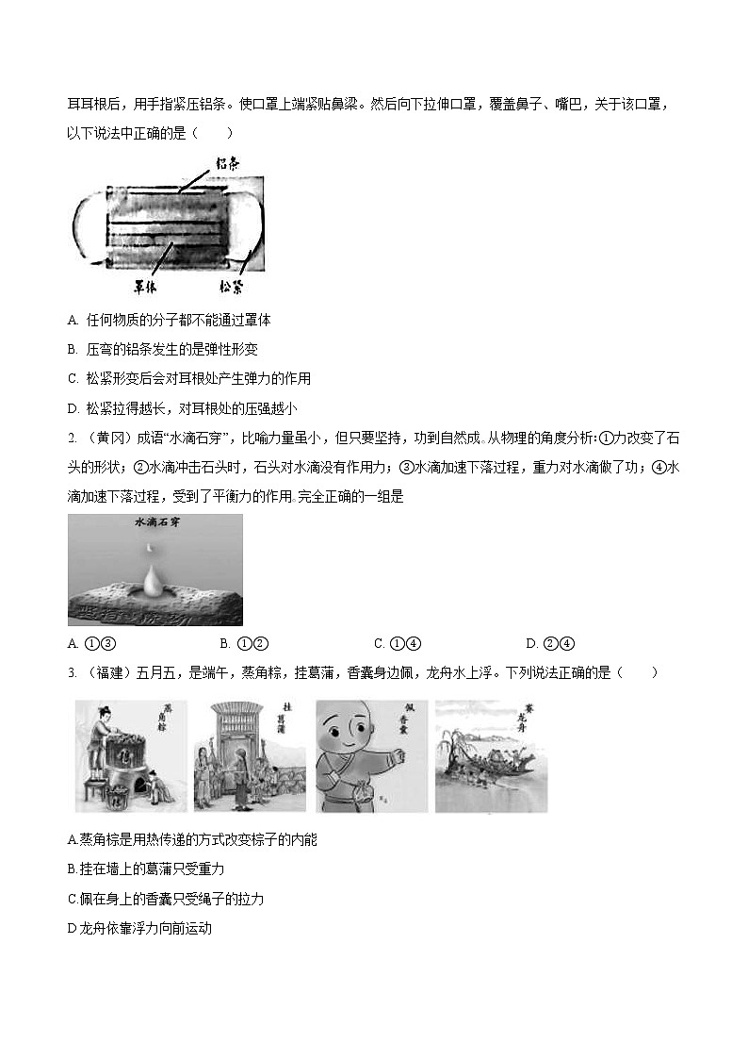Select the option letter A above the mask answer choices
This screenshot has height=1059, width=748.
(x=73, y=320)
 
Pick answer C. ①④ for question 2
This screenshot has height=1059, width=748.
(x=397, y=644)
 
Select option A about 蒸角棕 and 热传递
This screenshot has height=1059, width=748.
(x=192, y=839)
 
